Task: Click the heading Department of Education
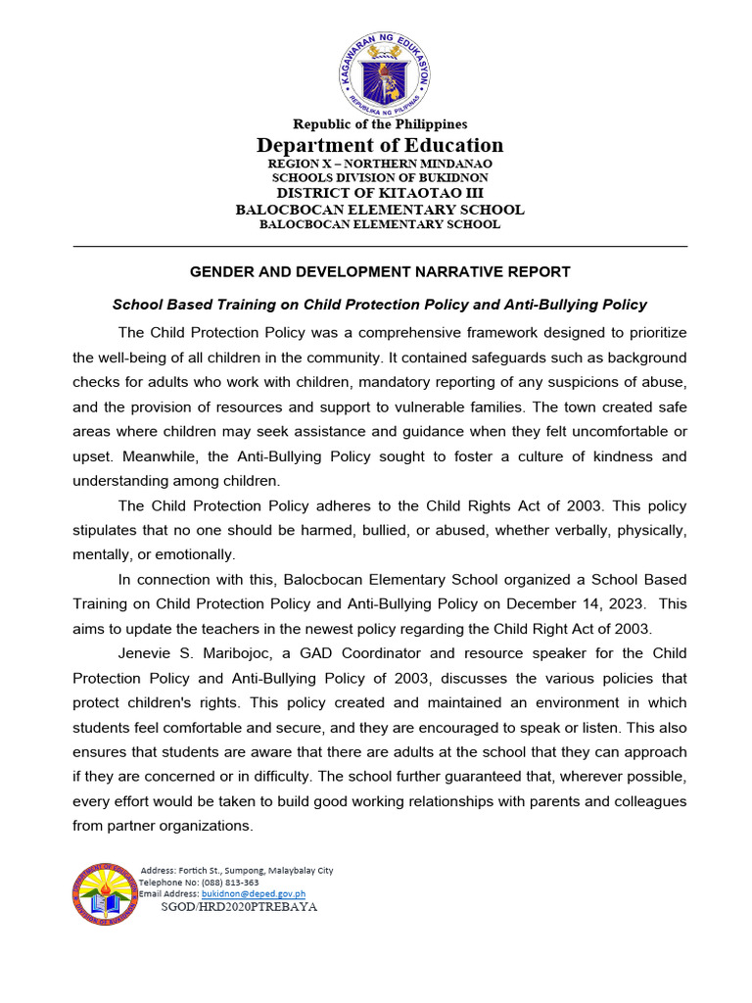pyautogui.click(x=380, y=145)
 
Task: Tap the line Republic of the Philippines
pyautogui.click(x=380, y=124)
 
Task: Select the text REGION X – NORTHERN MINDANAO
pyautogui.click(x=380, y=164)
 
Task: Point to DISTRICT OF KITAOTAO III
pyautogui.click(x=380, y=193)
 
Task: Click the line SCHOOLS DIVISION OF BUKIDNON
pyautogui.click(x=380, y=178)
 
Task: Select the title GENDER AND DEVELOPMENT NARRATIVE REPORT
pyautogui.click(x=380, y=271)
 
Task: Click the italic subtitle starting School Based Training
pyautogui.click(x=380, y=305)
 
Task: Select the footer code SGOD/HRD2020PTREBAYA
pyautogui.click(x=239, y=907)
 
